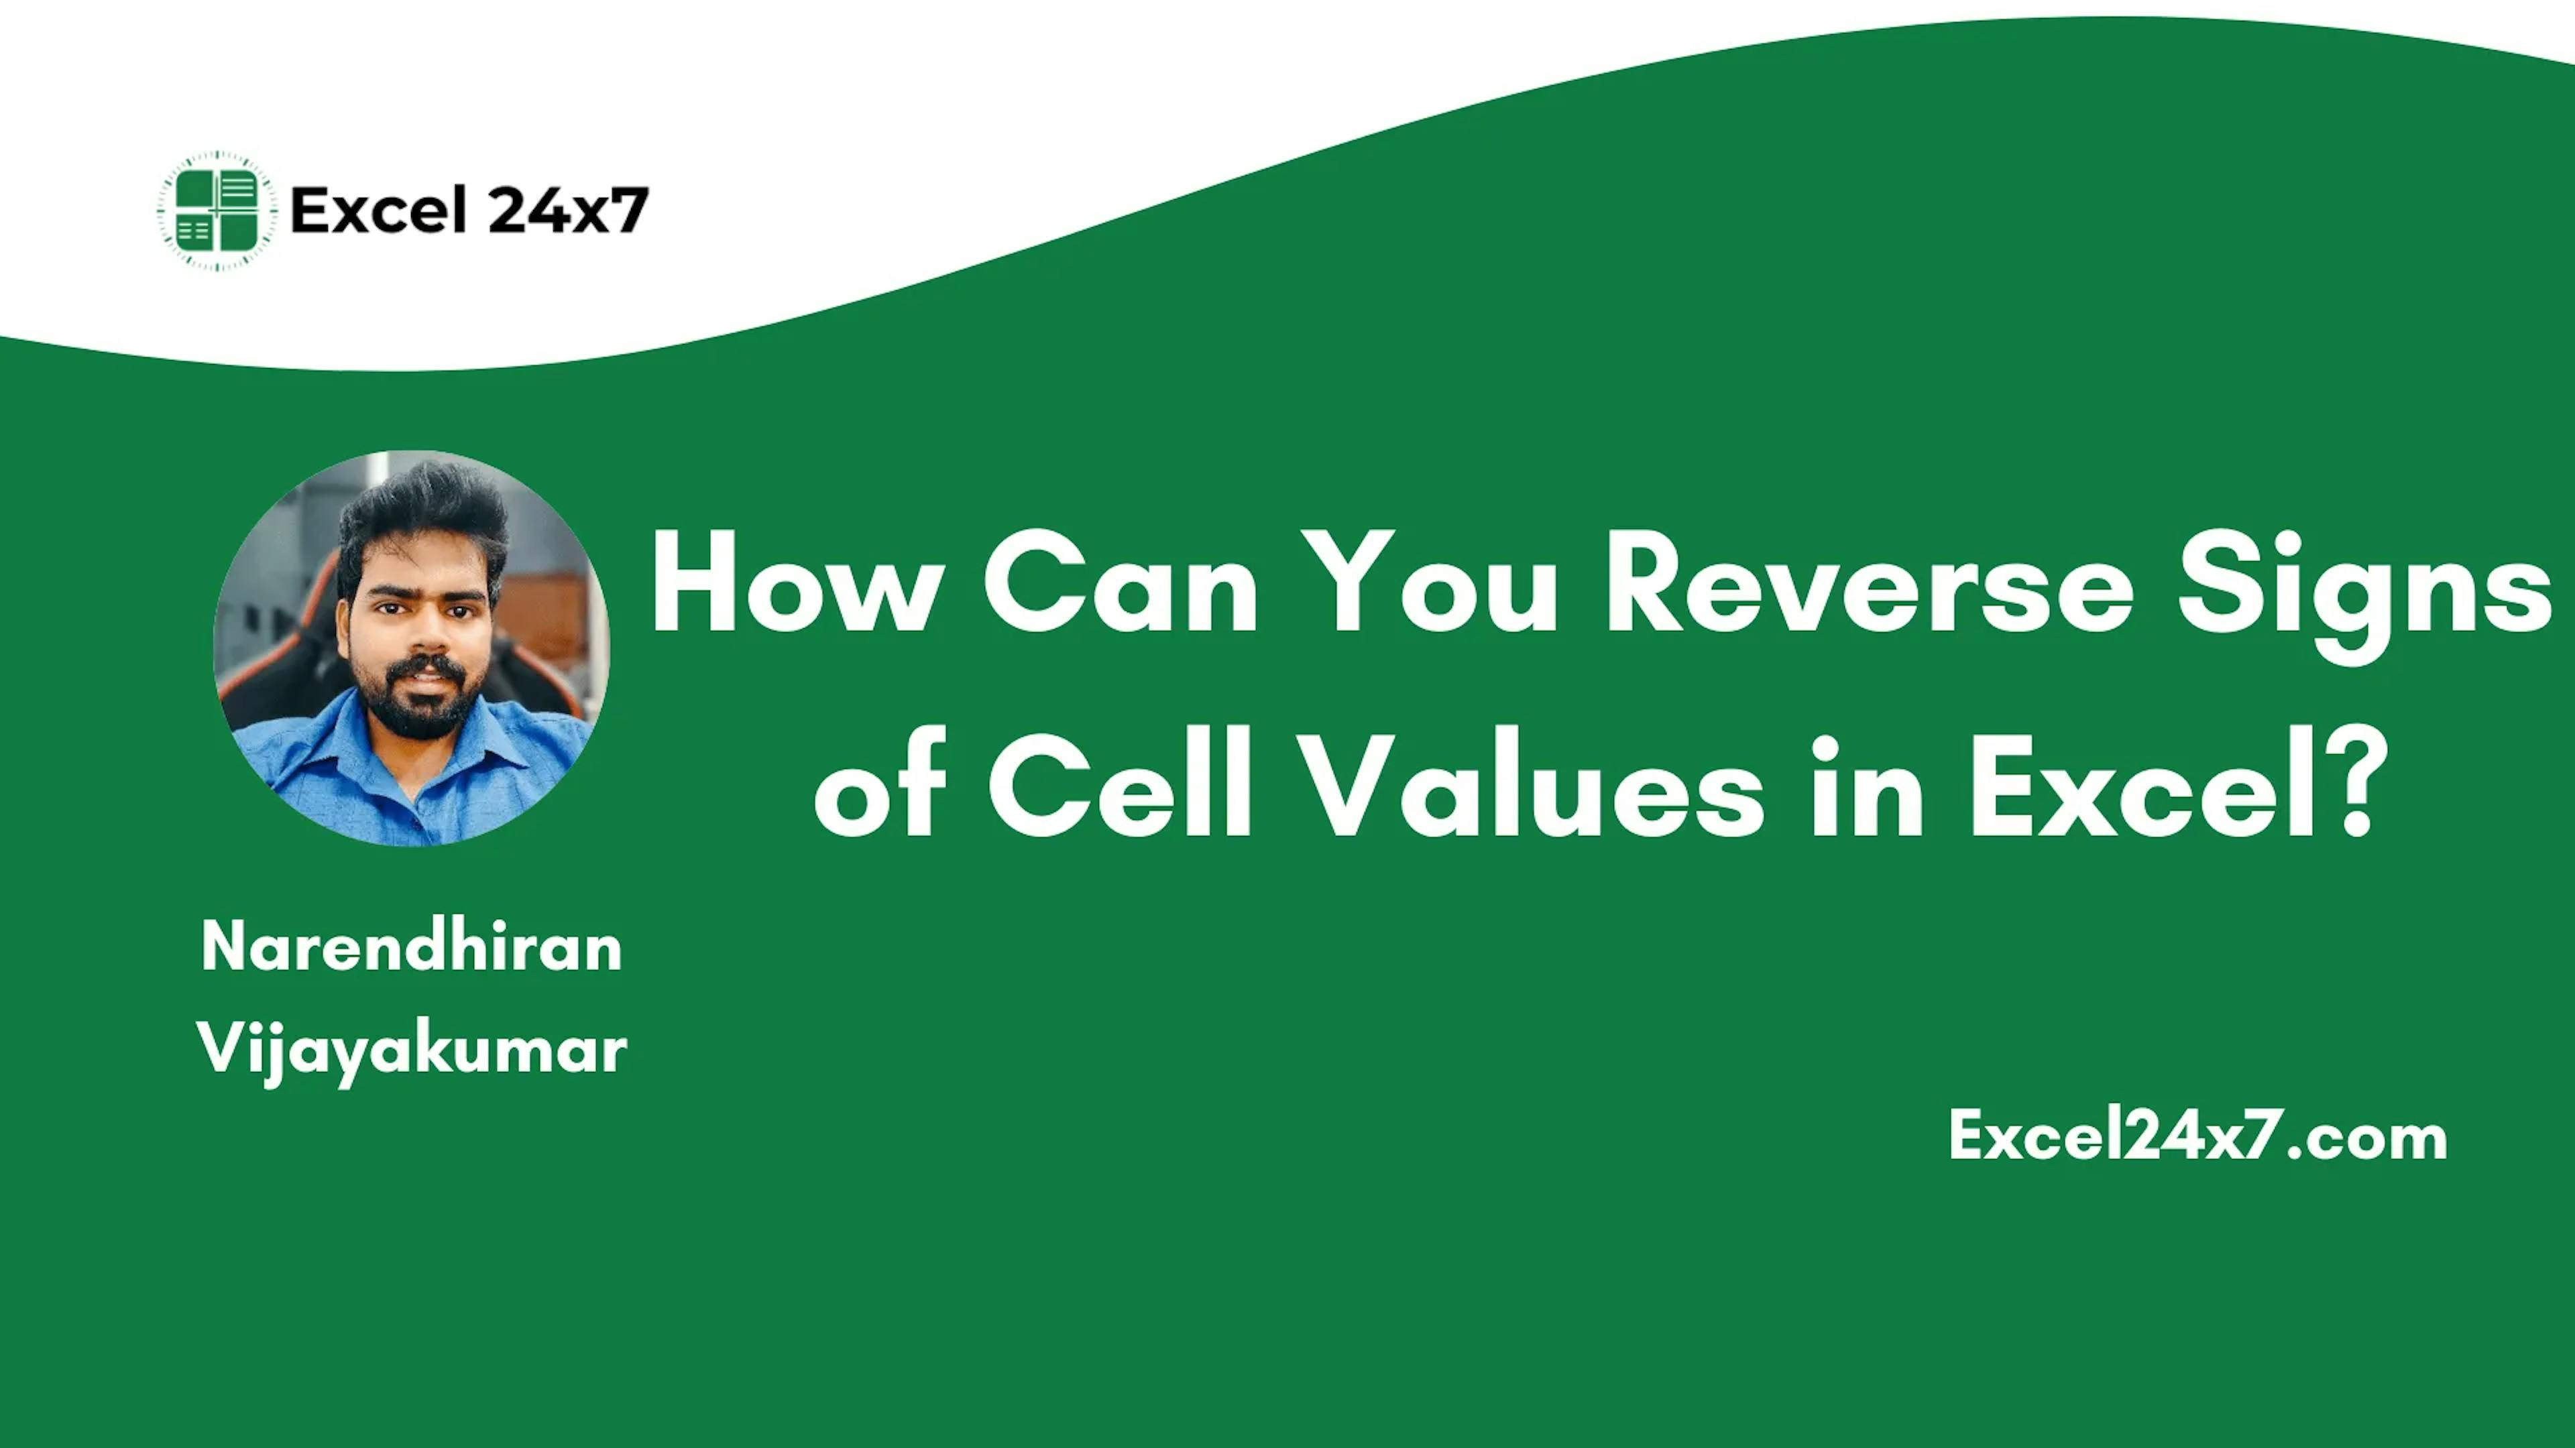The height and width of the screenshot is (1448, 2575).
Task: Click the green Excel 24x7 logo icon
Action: coord(217,212)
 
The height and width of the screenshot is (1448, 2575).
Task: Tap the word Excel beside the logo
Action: coord(378,211)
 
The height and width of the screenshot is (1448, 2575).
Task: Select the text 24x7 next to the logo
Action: coord(568,211)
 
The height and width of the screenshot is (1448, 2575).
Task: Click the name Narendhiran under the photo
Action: coord(411,947)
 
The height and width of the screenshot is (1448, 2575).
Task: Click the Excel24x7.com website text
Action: coord(2197,1136)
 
